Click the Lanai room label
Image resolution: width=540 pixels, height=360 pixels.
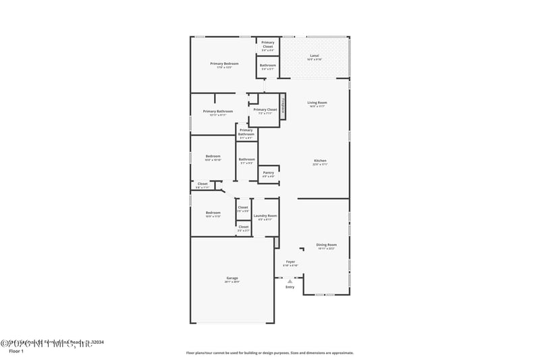pos(315,57)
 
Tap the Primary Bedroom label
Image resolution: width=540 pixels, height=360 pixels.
pos(224,65)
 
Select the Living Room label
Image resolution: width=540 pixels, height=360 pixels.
pos(317,103)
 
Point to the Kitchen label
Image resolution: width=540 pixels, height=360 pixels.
pos(319,162)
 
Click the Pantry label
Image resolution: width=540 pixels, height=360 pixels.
pos(268,174)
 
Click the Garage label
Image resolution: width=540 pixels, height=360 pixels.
pos(232,279)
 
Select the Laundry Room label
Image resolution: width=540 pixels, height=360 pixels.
pos(265,217)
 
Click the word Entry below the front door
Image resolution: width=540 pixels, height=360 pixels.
pos(290,287)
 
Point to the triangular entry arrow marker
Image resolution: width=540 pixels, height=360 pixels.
pos(290,281)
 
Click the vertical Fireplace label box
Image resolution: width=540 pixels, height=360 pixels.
pos(283,105)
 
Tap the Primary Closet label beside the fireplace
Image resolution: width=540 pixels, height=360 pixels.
pos(265,111)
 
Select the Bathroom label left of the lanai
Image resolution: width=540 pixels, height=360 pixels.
pos(268,66)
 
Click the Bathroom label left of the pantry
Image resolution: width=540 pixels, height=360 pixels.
pos(246,161)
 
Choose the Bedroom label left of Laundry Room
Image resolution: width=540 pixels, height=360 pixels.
pos(213,213)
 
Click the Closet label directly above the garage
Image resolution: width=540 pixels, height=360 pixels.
pos(243,228)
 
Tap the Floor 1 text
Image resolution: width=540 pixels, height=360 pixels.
pos(16,351)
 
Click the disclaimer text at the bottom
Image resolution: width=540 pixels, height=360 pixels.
pos(269,353)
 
